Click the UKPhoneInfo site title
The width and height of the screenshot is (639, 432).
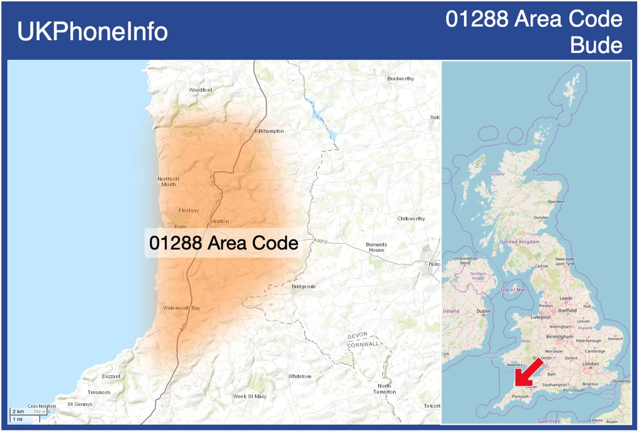(92, 32)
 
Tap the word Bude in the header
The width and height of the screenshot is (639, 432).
(596, 46)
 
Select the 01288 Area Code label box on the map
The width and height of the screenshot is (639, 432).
(223, 243)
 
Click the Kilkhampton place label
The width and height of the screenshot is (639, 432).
(269, 131)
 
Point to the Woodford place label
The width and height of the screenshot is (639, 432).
(201, 90)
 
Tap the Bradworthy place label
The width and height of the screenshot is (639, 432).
(401, 78)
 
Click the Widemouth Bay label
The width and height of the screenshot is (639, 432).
(181, 308)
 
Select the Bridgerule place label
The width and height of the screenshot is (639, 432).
(303, 287)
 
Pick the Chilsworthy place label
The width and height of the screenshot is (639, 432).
(412, 218)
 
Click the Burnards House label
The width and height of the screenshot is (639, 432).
(376, 248)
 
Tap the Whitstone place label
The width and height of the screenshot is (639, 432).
(300, 377)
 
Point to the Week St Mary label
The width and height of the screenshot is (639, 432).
(250, 397)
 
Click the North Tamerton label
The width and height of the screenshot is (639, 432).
(384, 389)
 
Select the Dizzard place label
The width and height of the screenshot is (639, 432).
(111, 377)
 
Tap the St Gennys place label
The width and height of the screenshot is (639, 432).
(80, 404)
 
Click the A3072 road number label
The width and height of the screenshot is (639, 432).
(321, 242)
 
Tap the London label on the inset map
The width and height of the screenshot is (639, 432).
(590, 364)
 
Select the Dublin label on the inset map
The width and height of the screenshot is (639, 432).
(483, 311)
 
